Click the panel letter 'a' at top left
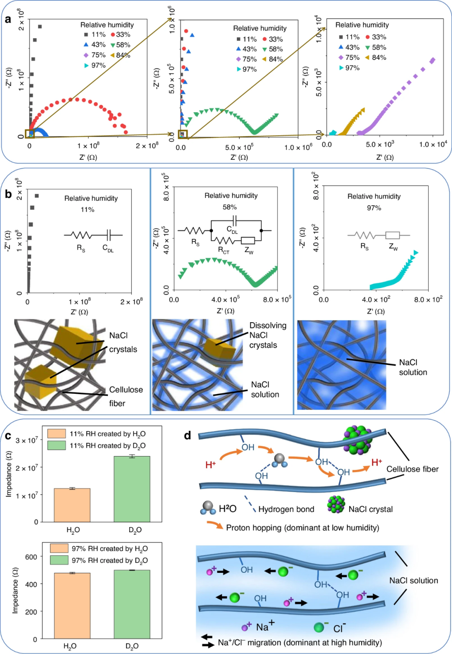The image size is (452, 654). pyautogui.click(x=8, y=19)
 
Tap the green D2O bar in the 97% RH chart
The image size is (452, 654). pyautogui.click(x=132, y=604)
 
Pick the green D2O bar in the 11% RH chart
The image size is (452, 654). pyautogui.click(x=132, y=489)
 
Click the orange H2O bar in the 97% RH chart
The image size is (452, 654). pyautogui.click(x=72, y=605)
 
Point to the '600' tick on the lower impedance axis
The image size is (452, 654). pyautogui.click(x=31, y=557)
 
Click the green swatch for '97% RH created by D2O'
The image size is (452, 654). pyautogui.click(x=59, y=560)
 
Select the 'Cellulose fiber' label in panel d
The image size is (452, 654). pyautogui.click(x=412, y=469)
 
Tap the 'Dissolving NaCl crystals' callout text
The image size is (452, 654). pyautogui.click(x=268, y=335)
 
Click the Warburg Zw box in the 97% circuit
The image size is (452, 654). pyautogui.click(x=393, y=235)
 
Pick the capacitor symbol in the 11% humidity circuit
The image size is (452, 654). pyautogui.click(x=109, y=235)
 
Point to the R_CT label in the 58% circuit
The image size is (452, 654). pyautogui.click(x=223, y=250)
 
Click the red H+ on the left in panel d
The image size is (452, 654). pyautogui.click(x=211, y=464)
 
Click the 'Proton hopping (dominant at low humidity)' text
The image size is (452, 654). pyautogui.click(x=303, y=528)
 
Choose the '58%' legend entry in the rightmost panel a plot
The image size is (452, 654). pyautogui.click(x=376, y=47)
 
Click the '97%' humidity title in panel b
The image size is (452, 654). pyautogui.click(x=374, y=208)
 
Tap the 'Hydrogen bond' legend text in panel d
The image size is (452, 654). pyautogui.click(x=286, y=509)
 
